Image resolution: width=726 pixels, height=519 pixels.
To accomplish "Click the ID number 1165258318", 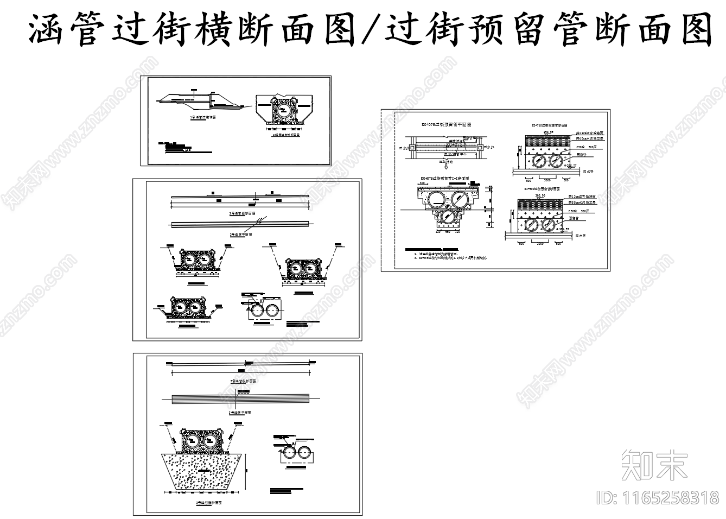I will coord(657,497).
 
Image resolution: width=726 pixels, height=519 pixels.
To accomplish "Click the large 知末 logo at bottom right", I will coord(653,465).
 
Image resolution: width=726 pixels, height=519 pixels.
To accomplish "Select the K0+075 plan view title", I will coord(446,124).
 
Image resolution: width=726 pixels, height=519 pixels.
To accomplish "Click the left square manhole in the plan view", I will coord(412,147).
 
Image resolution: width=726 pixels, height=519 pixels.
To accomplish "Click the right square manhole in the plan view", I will coord(480,147).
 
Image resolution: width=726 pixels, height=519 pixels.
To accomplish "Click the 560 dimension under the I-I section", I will coord(448,232).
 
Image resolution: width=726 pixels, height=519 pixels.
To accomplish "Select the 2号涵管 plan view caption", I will coord(241,235).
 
